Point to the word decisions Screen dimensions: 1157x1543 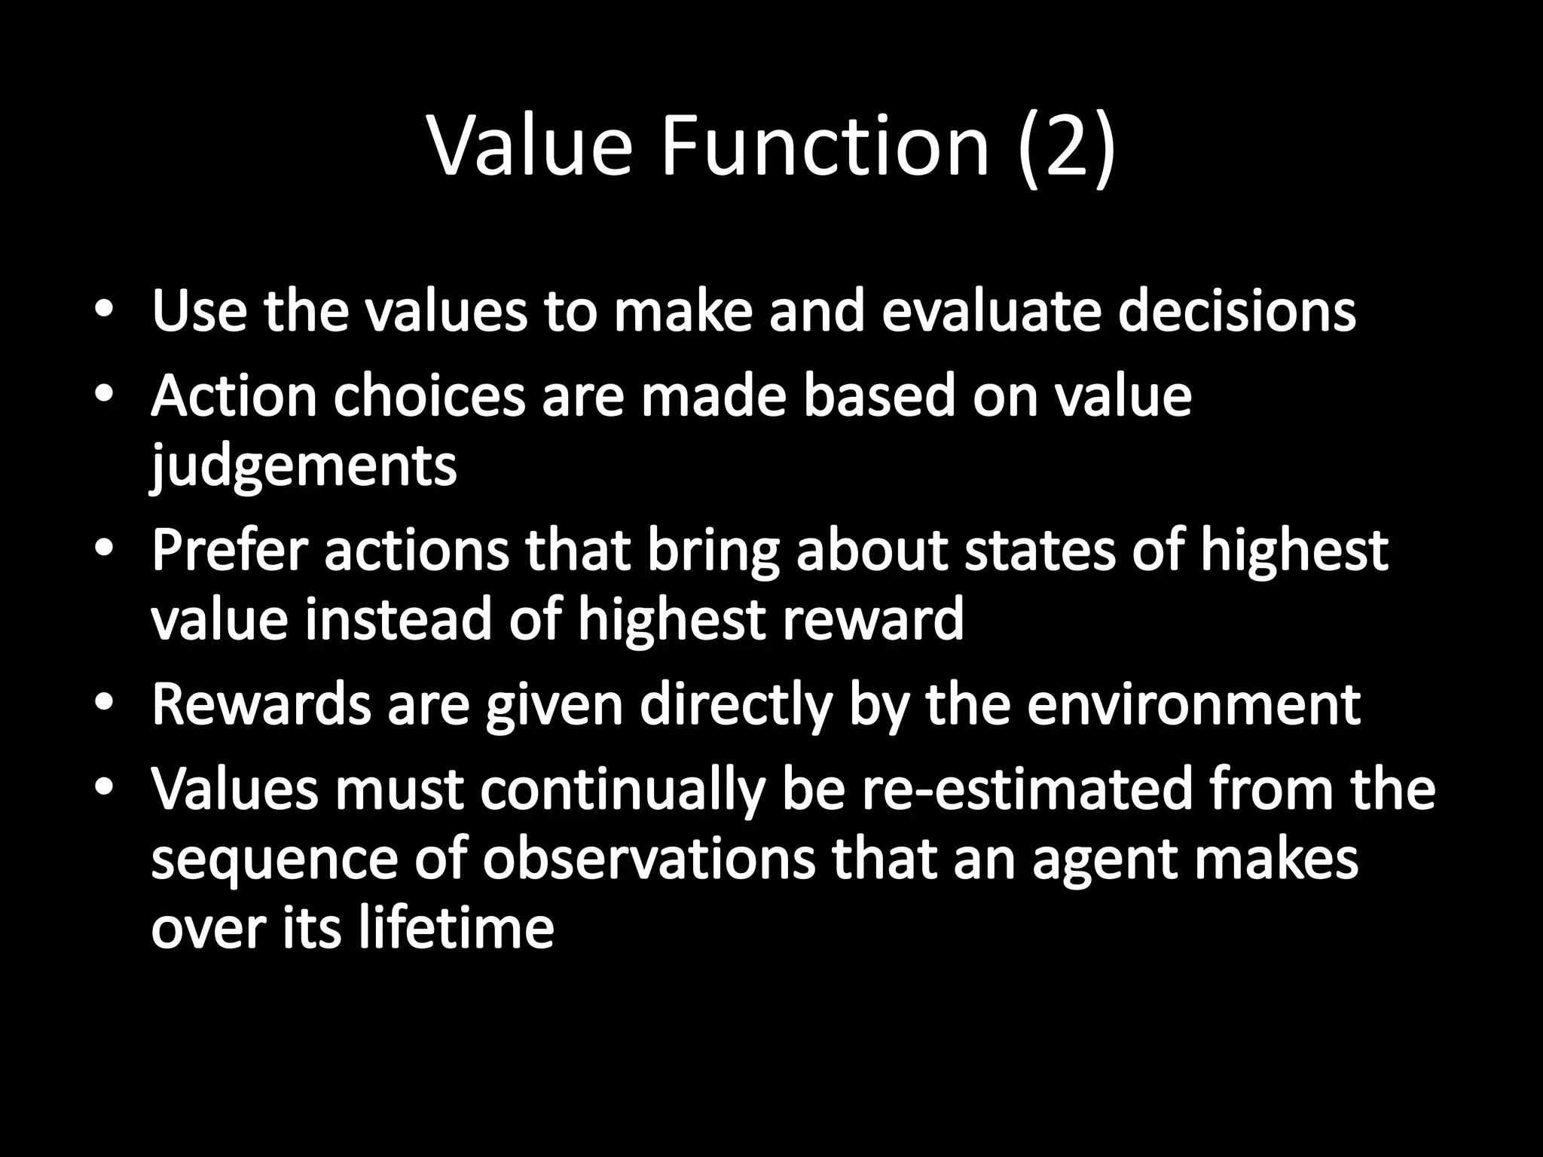click(1236, 310)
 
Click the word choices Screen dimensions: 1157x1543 click(429, 395)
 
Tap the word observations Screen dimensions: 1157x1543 click(649, 859)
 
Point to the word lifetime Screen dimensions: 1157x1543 click(455, 928)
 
